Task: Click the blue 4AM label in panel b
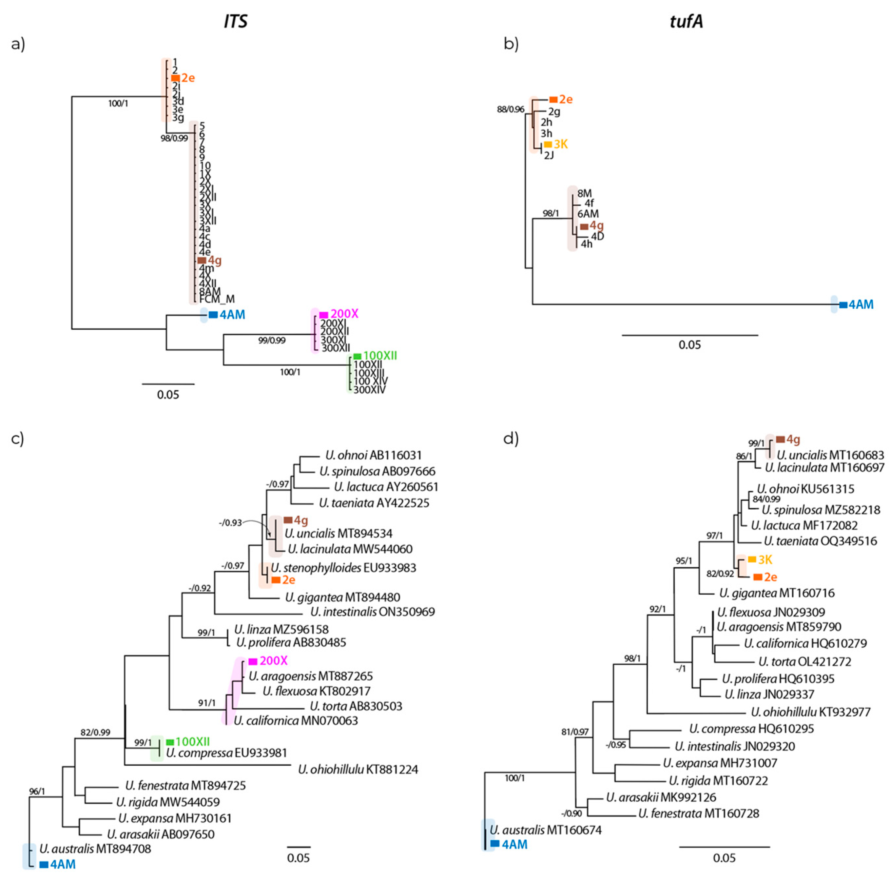tap(861, 304)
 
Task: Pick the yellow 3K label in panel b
tap(561, 144)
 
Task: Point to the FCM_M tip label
tap(217, 300)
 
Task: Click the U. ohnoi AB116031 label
tap(373, 456)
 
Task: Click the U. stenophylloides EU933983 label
tap(343, 568)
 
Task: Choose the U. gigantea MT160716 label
tap(777, 593)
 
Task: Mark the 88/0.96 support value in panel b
tap(511, 110)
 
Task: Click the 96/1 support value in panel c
tap(37, 792)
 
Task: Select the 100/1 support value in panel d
tap(514, 778)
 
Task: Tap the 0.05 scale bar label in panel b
tap(689, 345)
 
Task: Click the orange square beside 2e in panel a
tap(175, 78)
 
